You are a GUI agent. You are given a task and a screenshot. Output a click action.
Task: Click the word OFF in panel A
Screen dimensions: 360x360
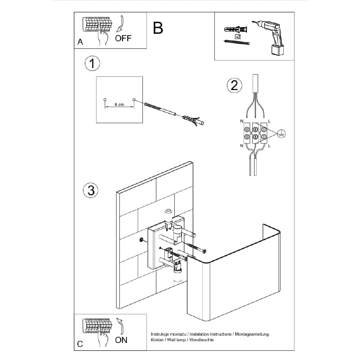click(x=123, y=39)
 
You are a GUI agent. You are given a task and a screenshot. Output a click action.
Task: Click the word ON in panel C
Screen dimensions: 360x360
click(x=121, y=340)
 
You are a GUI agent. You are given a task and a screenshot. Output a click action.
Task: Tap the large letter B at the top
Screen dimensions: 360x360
click(x=158, y=27)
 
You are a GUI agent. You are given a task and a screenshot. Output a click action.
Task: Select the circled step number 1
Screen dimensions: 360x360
click(x=92, y=64)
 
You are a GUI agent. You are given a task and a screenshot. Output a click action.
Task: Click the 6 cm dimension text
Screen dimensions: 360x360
click(x=119, y=104)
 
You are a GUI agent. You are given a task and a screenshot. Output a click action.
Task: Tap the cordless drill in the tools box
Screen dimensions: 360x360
click(x=272, y=36)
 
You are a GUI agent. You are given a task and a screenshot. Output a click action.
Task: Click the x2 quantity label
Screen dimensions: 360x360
click(x=238, y=37)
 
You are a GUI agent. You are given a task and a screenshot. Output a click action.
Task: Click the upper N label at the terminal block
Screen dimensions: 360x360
click(x=242, y=121)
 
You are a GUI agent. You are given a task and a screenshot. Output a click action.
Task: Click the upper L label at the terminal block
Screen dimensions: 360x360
click(x=269, y=121)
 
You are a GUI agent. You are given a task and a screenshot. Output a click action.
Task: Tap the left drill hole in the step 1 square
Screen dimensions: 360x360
click(x=105, y=99)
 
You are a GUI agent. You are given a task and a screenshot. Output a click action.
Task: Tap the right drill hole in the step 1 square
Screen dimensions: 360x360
click(x=134, y=99)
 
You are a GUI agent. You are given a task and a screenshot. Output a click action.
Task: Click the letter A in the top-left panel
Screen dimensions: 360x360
click(x=80, y=42)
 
